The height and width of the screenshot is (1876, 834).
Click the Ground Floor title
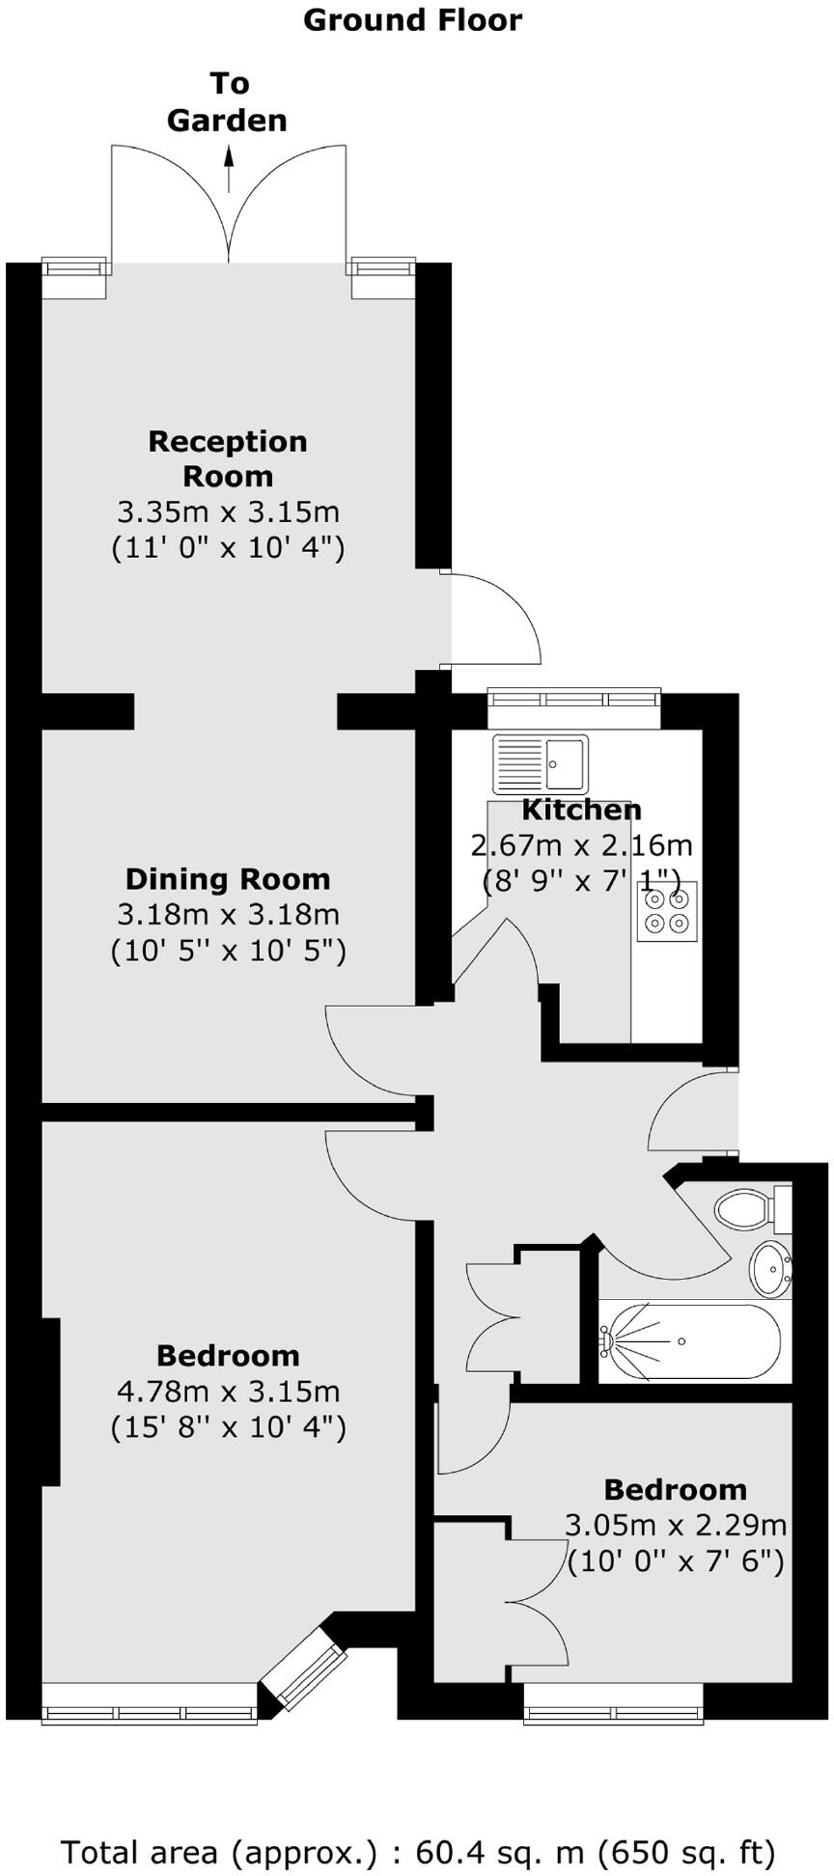(x=412, y=20)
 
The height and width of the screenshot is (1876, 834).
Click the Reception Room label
(x=228, y=458)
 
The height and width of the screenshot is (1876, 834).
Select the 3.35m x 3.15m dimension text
(x=228, y=511)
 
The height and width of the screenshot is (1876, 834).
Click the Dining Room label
(x=228, y=879)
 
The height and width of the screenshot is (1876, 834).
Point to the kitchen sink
(x=540, y=763)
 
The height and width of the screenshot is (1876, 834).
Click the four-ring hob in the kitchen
(x=667, y=911)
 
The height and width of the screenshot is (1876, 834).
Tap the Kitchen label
(x=581, y=810)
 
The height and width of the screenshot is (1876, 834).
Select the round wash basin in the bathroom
(x=770, y=1268)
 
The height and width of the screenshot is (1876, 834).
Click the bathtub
(x=689, y=1341)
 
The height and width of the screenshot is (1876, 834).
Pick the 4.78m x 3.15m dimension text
(x=228, y=1392)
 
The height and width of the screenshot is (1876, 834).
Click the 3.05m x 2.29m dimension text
(x=675, y=1526)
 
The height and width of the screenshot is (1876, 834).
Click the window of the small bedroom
(x=613, y=1714)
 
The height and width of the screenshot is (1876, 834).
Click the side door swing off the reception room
(x=492, y=618)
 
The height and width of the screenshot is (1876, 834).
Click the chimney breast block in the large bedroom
(x=51, y=1401)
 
